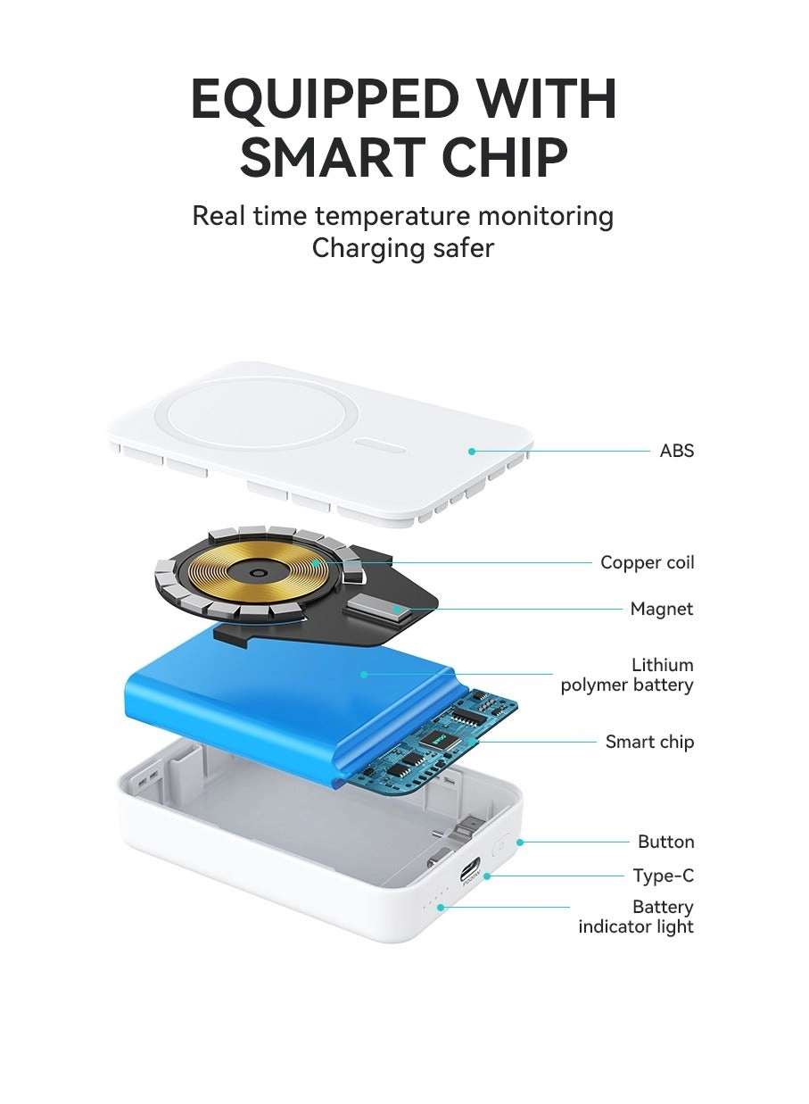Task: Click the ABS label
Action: point(676,451)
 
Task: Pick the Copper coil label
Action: point(647,562)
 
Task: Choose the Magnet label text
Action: point(661,609)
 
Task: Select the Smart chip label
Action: point(649,742)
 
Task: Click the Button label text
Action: point(665,842)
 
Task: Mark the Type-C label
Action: point(663,876)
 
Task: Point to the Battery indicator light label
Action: point(636,917)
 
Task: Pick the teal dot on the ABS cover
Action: point(472,451)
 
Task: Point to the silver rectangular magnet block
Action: point(377,610)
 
